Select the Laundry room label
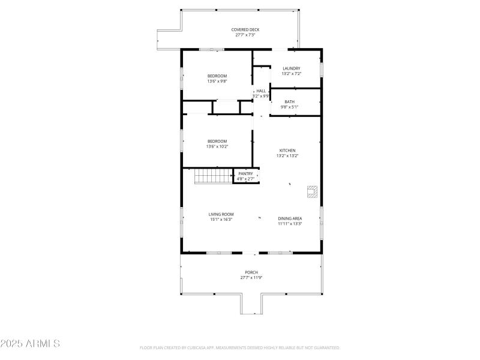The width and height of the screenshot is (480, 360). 291,68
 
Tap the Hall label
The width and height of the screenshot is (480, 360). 261,91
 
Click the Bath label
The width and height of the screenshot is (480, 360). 289,101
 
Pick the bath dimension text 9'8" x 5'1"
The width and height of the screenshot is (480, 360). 289,107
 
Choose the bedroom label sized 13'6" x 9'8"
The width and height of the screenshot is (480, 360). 217,76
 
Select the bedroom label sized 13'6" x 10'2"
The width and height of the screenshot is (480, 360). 217,141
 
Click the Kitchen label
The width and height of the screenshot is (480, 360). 287,150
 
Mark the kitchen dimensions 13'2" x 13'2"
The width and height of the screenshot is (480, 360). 287,155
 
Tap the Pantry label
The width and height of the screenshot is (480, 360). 245,173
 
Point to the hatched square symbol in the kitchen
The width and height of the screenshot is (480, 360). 312,191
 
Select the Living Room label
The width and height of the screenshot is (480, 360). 221,214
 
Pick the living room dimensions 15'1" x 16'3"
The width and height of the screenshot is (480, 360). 221,220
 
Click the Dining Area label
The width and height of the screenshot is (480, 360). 289,218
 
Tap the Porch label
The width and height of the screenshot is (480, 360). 251,272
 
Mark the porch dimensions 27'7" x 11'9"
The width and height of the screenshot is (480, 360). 251,278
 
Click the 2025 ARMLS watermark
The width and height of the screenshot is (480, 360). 30,344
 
